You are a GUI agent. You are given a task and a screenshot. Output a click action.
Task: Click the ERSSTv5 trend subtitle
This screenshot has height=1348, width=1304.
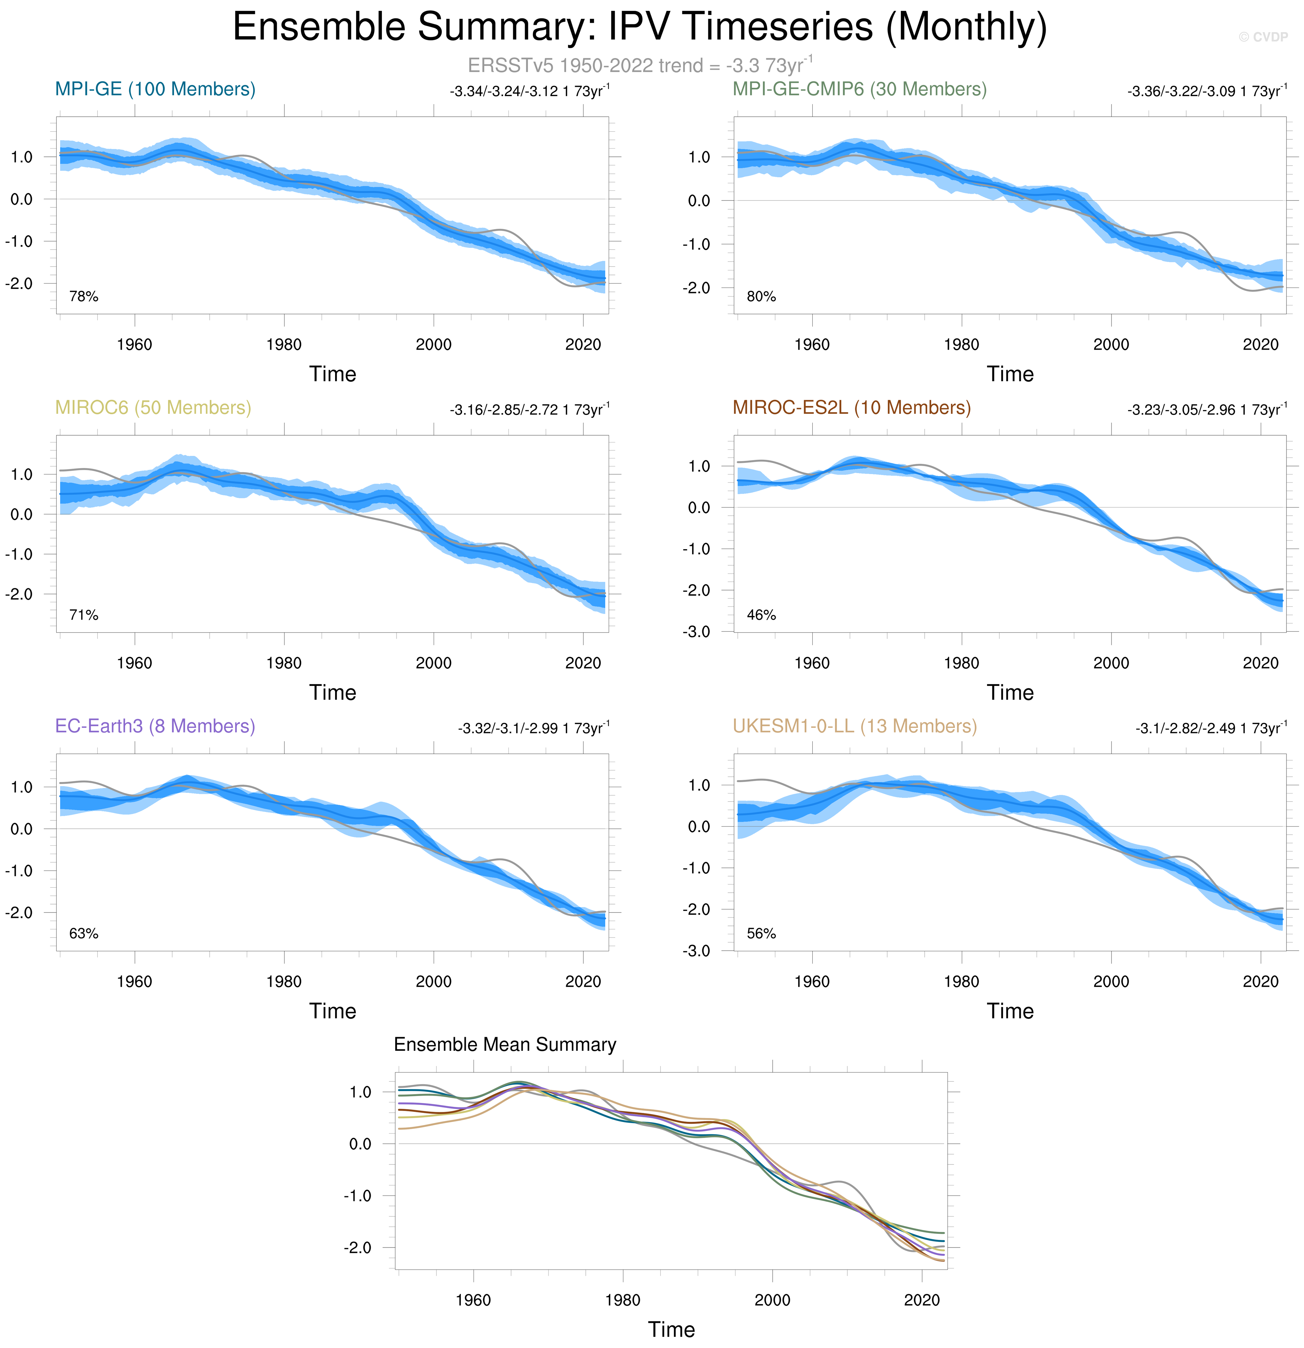coord(640,65)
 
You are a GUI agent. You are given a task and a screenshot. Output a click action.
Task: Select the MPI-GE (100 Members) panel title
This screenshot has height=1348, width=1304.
coord(155,89)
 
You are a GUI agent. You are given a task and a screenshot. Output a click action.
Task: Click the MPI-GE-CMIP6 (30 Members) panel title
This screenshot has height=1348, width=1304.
coord(859,89)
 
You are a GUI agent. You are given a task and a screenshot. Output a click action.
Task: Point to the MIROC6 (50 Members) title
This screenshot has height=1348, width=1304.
coord(153,408)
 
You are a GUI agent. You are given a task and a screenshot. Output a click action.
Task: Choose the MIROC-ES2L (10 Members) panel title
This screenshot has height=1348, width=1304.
coord(852,408)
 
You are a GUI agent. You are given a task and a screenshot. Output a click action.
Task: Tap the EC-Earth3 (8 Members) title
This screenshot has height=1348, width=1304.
coord(155,726)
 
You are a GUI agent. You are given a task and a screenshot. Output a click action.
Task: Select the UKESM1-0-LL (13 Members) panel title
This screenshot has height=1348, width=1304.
coord(854,726)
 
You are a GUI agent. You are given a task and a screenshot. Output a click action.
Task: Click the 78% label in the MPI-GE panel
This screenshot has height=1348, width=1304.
coord(84,297)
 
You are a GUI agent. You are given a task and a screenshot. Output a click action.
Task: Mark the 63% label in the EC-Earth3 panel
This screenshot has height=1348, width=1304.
coord(84,933)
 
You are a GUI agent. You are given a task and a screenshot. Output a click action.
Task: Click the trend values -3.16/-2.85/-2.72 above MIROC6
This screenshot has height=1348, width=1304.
coord(529,410)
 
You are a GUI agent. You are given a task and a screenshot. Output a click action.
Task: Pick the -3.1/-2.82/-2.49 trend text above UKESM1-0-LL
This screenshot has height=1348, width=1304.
coord(1210,728)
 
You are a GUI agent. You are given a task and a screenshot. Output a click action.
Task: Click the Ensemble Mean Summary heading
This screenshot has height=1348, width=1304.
coord(505,1045)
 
